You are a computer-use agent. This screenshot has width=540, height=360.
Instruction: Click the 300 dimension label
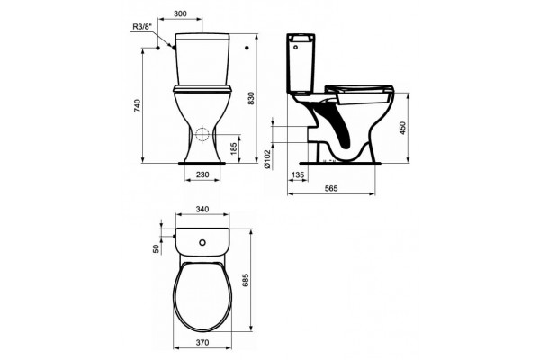tap(180, 13)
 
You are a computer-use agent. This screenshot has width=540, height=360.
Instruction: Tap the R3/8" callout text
tap(142, 26)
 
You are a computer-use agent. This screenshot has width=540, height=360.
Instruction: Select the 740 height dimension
tap(138, 105)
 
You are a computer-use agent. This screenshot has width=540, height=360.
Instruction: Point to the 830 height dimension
tap(251, 98)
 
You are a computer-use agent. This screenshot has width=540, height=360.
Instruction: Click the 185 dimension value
tap(234, 148)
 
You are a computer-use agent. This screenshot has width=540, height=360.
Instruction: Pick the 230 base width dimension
tap(202, 175)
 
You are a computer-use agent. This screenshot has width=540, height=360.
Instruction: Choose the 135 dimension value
tap(298, 175)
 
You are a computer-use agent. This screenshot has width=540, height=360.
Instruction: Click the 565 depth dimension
tap(331, 188)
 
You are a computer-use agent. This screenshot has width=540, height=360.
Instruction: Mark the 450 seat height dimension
tap(403, 128)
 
